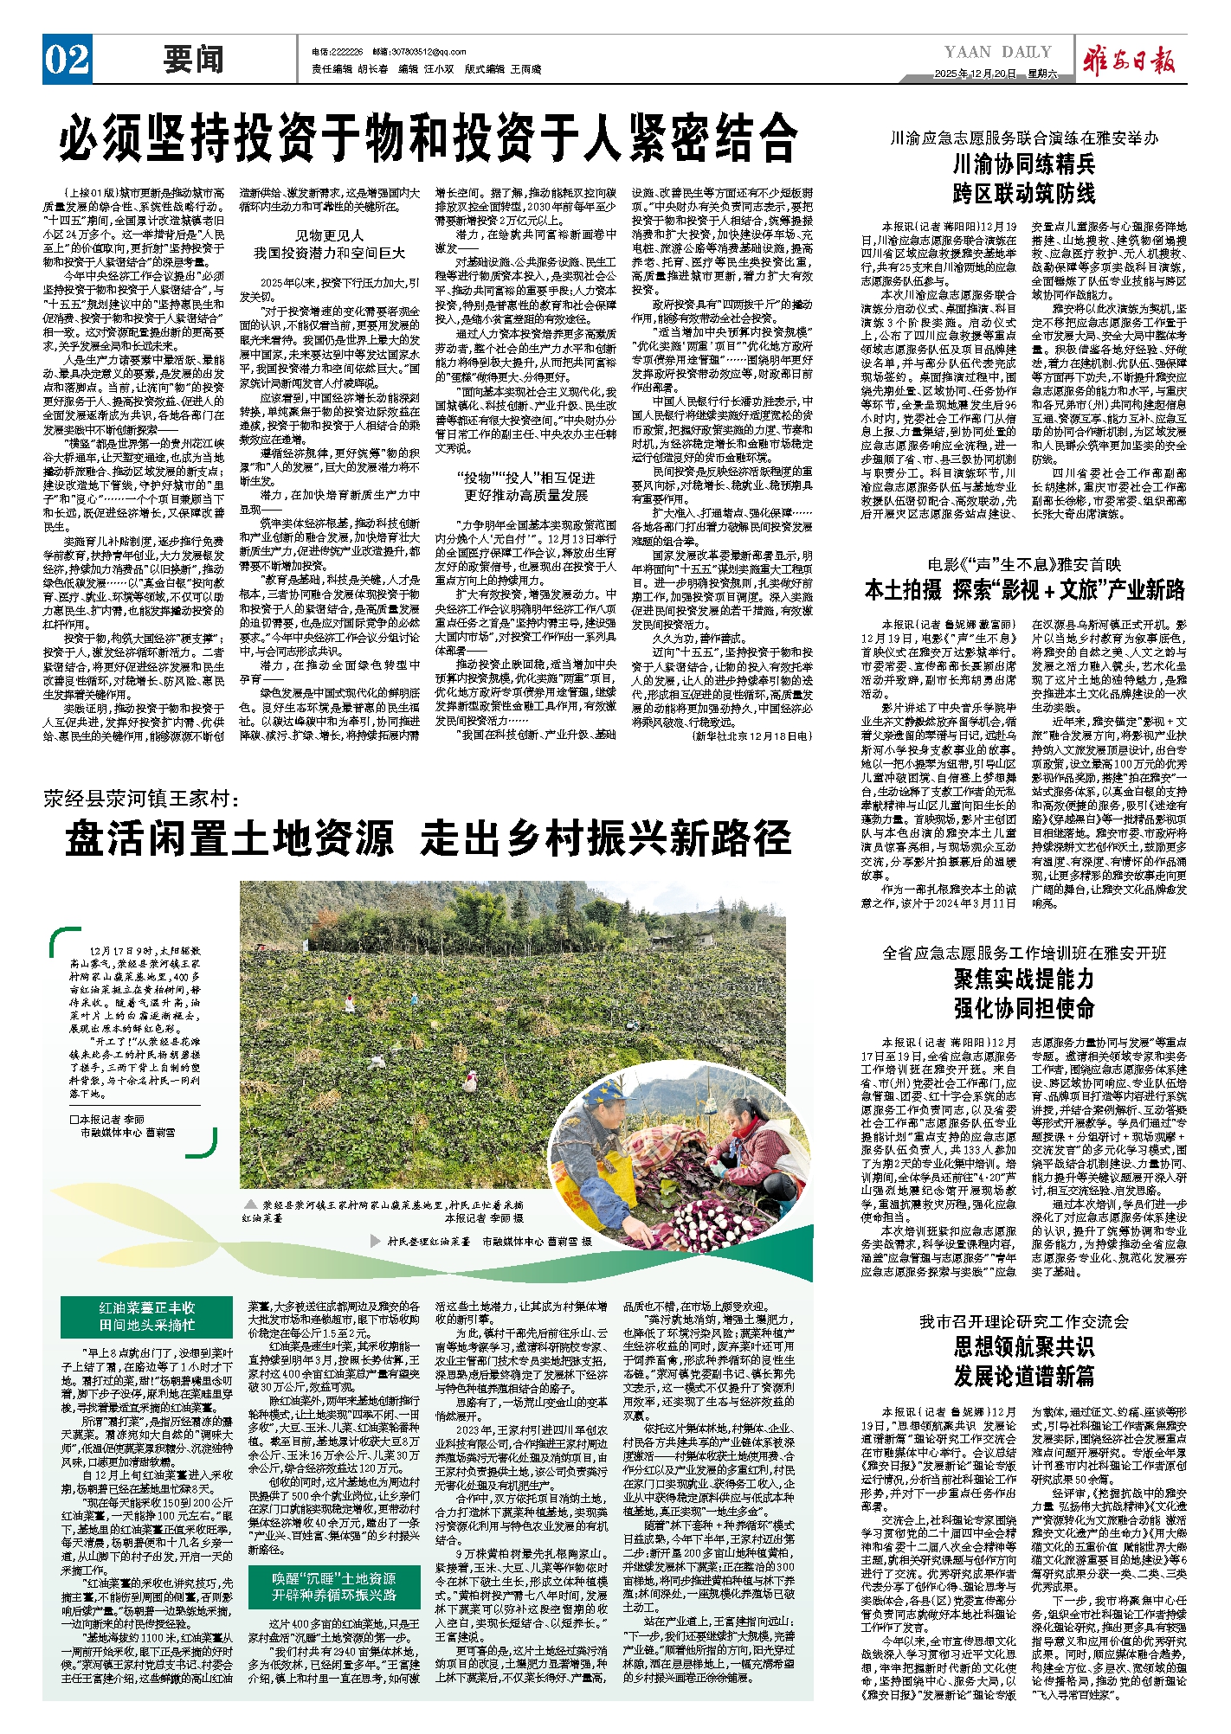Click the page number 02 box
(x=67, y=60)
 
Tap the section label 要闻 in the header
(x=193, y=61)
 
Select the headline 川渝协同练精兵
(x=1024, y=164)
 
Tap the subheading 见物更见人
(x=329, y=235)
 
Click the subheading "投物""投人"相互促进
(x=525, y=478)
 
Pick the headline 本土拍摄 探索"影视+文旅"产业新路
(x=1024, y=590)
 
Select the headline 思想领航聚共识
(x=1024, y=1346)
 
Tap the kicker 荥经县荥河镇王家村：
(x=140, y=799)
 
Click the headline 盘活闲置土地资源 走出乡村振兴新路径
(x=429, y=838)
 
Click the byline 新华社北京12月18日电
(x=751, y=735)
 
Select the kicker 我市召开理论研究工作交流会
(x=1024, y=1321)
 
